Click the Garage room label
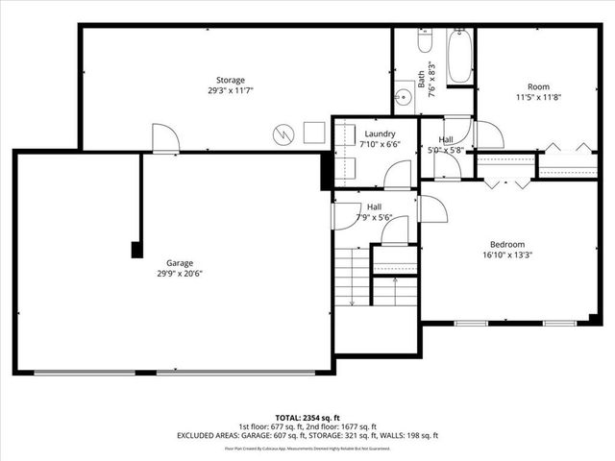179,262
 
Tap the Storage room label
230,80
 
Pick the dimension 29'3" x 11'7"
230,90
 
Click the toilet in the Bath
426,41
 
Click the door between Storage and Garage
164,138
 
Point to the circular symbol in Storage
283,134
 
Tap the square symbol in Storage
314,133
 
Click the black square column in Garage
137,250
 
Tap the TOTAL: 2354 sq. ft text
307,418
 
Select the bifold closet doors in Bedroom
506,181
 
